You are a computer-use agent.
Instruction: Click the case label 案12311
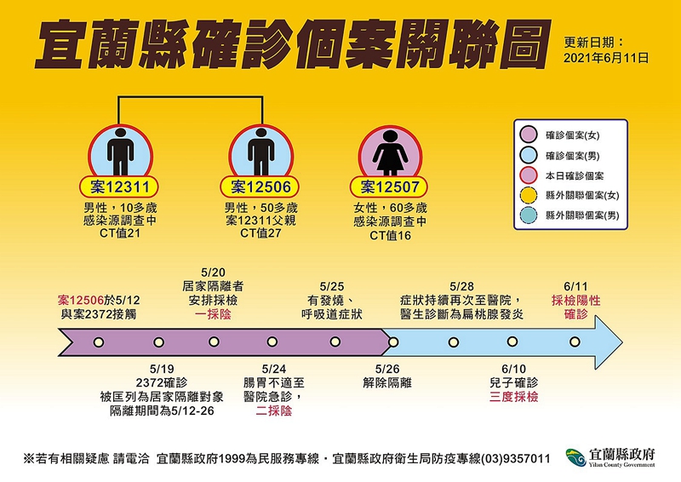tap(118, 187)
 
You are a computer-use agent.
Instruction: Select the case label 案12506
tap(260, 187)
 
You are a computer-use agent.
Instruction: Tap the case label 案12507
tap(389, 187)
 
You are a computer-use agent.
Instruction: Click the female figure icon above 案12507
tap(390, 152)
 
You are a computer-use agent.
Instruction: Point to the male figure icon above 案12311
tap(120, 152)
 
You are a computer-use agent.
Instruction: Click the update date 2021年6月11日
tap(606, 58)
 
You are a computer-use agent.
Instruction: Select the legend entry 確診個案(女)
tap(572, 135)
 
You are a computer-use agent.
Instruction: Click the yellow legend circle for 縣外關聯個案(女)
tap(528, 196)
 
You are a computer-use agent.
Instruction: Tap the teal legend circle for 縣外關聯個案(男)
tap(528, 215)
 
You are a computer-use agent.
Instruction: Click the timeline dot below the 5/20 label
tap(214, 341)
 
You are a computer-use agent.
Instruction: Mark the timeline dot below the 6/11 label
tap(575, 342)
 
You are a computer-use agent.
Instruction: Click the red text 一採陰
tap(213, 314)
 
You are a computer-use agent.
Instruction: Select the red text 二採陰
tap(273, 410)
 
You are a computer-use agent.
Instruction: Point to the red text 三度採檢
tap(513, 397)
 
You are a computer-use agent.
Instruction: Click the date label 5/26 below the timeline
tap(387, 369)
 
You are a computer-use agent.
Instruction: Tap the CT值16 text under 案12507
tap(390, 236)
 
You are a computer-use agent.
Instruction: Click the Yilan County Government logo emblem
tap(576, 458)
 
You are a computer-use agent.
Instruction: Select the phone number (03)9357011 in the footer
tap(515, 458)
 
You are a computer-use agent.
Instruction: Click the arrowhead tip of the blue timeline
tap(622, 342)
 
